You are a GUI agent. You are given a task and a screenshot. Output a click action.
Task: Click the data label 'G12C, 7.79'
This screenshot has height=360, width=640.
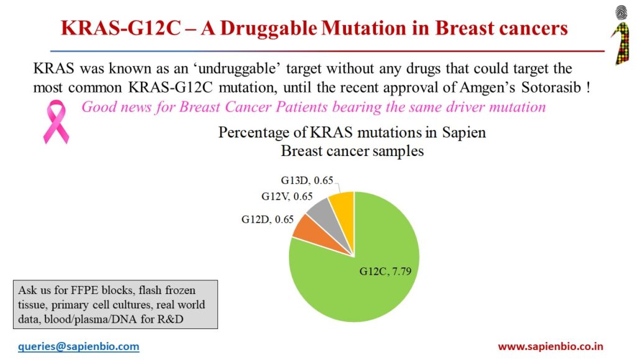[385, 271]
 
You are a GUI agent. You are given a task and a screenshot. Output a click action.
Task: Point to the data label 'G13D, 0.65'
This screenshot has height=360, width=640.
[307, 181]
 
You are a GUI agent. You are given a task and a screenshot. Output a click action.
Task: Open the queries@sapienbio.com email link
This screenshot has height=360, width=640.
[78, 346]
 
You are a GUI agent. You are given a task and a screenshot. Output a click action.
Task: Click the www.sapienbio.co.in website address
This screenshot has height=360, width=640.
[551, 346]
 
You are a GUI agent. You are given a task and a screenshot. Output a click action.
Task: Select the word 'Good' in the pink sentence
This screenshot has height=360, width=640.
[98, 107]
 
